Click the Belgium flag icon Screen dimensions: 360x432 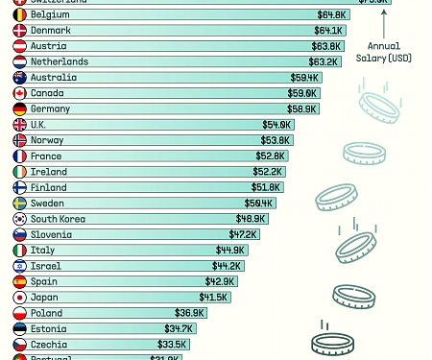pos(19,15)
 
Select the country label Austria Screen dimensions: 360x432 pos(49,46)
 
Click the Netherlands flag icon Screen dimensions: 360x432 pos(19,61)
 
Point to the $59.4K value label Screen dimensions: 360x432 pos(305,78)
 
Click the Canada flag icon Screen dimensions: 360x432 pos(19,93)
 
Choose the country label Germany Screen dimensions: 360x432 pos(51,108)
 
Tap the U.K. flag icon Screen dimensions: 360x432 pos(19,125)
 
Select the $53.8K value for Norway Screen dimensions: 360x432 pos(276,140)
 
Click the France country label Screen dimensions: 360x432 pos(46,156)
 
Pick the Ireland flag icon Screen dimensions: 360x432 pos(19,172)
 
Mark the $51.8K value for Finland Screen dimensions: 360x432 pos(266,187)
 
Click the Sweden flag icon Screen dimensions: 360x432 pos(19,203)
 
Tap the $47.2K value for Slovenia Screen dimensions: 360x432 pos(243,234)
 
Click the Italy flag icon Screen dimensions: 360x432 pos(19,250)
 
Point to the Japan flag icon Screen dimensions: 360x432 pos(19,297)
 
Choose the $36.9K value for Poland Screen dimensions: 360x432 pos(189,313)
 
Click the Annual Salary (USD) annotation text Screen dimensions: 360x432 pos(383,52)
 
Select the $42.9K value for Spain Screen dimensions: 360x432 pos(220,281)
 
